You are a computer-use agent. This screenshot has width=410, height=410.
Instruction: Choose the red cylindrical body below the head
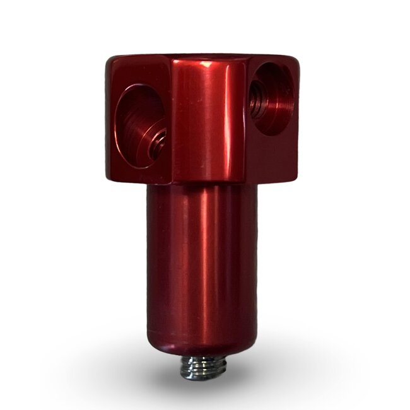[202, 265]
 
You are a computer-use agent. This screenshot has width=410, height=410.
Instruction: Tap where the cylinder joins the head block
[202, 184]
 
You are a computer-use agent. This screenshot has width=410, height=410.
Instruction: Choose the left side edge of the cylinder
[148, 265]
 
